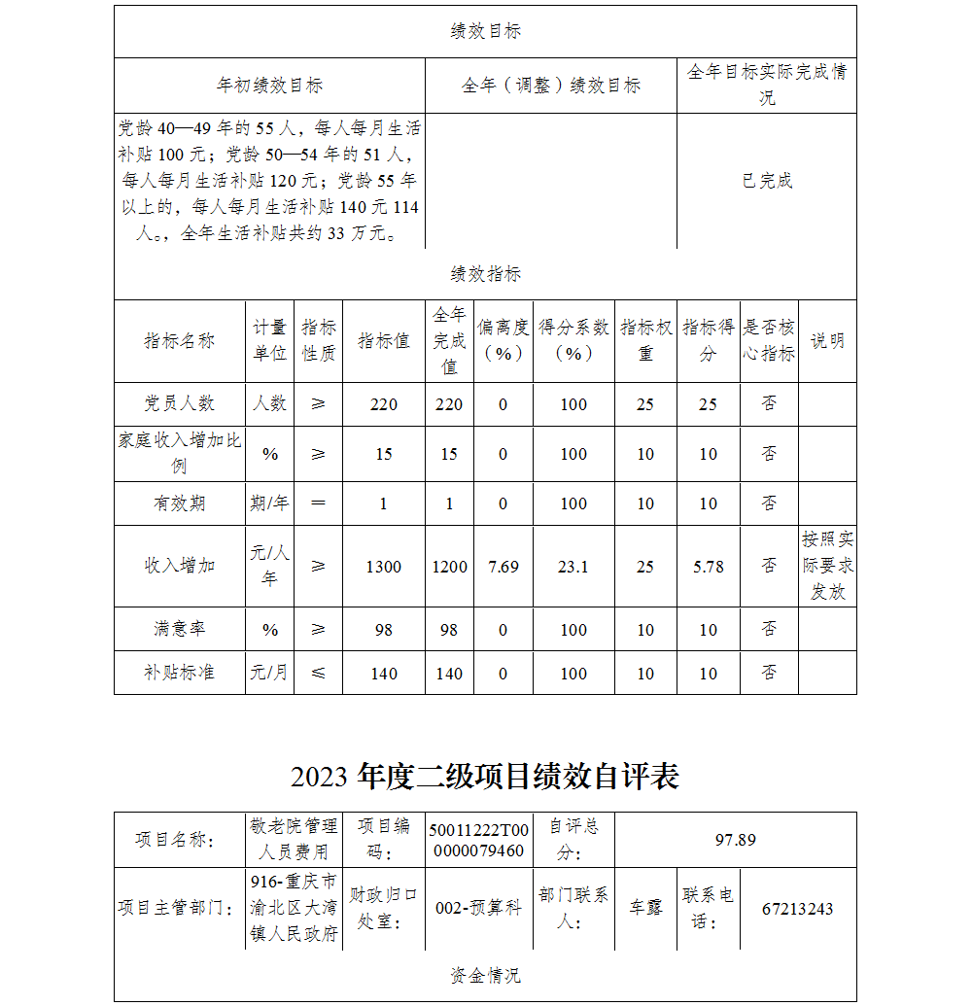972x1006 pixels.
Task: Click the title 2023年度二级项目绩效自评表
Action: coord(484,776)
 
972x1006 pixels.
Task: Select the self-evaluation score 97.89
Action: coord(735,840)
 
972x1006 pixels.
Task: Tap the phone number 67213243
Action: coord(797,910)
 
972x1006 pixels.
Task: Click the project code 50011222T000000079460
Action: coord(478,840)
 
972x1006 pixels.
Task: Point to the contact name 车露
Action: coord(645,908)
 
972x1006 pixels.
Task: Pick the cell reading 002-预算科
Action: coord(478,908)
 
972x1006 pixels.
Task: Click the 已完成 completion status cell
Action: coord(767,181)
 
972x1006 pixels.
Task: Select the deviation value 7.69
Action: coord(503,567)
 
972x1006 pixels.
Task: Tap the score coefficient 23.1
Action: coord(573,567)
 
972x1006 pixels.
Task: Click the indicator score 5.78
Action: coord(708,567)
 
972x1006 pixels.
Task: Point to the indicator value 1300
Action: coord(383,567)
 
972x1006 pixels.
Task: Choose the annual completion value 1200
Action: coord(449,567)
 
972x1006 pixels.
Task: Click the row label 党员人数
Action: coord(179,403)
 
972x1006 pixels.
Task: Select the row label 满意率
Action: coord(179,629)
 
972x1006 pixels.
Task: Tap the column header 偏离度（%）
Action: coord(503,341)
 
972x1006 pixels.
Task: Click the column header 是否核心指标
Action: coord(769,341)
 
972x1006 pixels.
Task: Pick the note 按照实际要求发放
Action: coord(827,566)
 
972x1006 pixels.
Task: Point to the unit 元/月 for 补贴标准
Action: coord(269,673)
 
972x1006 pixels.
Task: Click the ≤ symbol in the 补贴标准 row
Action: coord(318,673)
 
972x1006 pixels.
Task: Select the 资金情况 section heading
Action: coord(484,975)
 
